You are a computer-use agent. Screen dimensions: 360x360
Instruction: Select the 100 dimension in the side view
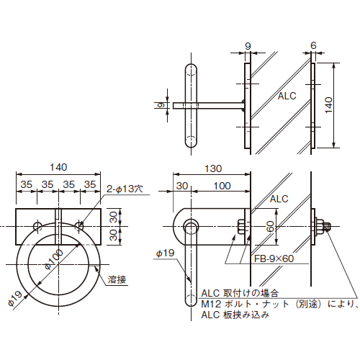(x=222, y=186)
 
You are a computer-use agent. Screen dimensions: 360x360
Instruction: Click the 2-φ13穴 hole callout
(x=126, y=189)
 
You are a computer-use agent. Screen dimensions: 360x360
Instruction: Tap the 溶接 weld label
(x=117, y=279)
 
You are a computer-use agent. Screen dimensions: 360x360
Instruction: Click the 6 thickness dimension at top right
(x=313, y=45)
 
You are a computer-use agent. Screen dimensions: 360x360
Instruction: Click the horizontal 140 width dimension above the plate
(x=58, y=167)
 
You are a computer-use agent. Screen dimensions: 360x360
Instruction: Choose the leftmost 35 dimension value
(x=26, y=185)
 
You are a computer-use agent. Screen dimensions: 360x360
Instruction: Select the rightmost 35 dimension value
(x=90, y=185)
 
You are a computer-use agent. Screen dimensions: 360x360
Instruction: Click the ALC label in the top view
(x=287, y=96)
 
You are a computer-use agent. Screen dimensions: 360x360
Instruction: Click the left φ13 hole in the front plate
(x=37, y=227)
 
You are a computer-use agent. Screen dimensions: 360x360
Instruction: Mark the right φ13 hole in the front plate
(x=80, y=227)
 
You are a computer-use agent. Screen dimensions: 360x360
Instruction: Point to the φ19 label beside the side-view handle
(x=164, y=254)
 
